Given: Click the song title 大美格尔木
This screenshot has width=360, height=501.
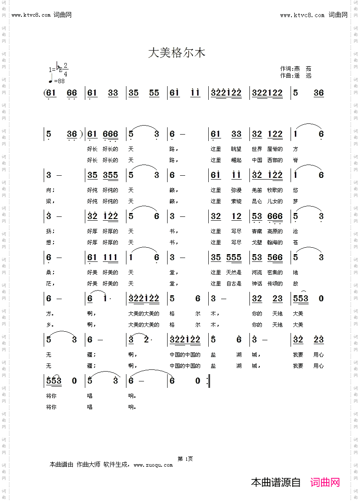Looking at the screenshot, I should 177,53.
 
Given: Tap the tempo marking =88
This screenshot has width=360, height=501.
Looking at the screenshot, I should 59,81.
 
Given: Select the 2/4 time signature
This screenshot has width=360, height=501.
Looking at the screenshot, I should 66,69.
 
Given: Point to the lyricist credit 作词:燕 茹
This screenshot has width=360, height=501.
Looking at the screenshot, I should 296,69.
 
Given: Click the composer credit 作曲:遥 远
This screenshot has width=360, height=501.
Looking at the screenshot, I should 296,75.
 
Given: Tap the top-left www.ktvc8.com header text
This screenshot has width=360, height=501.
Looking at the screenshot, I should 42,15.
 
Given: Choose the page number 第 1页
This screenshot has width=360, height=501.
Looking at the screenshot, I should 185,459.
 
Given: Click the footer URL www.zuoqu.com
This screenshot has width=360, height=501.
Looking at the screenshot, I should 153,465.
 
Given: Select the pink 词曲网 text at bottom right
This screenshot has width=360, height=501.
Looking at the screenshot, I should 325,482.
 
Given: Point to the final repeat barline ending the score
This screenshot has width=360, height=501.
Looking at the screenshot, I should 208,381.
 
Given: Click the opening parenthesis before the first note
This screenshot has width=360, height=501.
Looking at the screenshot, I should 45,93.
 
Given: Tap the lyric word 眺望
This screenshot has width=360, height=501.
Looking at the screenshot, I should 236,149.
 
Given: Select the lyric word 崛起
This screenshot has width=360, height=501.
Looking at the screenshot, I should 236,160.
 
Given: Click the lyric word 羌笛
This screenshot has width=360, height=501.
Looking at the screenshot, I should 257,190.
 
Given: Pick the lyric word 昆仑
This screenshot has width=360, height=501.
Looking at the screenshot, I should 257,201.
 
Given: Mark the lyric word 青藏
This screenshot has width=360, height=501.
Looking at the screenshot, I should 257,231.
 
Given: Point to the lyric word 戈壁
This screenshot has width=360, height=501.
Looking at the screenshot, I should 257,243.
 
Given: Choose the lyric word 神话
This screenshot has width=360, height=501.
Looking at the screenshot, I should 257,283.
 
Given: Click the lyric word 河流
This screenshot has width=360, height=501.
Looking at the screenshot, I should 257,272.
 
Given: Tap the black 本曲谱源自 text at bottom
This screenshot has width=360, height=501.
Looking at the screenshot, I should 276,482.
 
